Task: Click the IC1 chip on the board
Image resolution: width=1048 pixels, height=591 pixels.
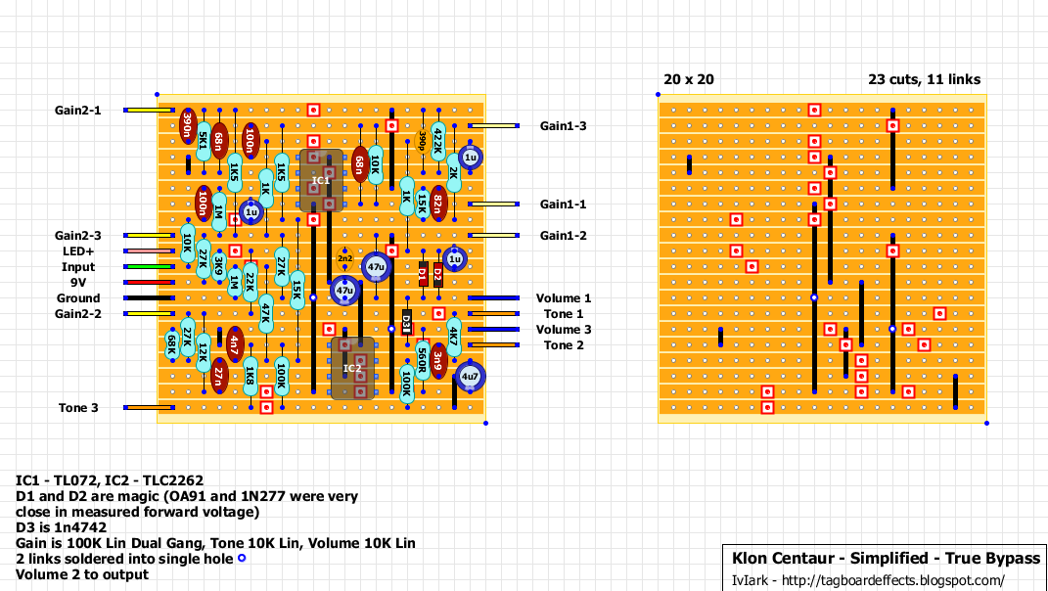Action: (x=321, y=181)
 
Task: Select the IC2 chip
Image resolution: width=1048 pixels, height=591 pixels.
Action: (x=351, y=368)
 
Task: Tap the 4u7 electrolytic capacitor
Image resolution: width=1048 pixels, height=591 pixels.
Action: (x=470, y=376)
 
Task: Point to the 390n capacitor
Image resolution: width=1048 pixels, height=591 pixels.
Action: (x=187, y=126)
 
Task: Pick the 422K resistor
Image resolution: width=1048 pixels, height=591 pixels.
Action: (x=437, y=141)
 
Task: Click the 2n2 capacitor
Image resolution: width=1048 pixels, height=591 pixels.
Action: (x=344, y=258)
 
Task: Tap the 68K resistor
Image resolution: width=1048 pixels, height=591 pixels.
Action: (x=172, y=344)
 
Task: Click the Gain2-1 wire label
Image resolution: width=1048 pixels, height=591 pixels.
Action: (x=77, y=111)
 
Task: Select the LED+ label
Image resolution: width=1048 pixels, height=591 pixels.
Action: (x=78, y=251)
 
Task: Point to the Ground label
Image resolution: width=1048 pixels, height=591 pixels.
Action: (x=77, y=298)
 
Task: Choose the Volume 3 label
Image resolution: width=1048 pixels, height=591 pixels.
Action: (x=564, y=330)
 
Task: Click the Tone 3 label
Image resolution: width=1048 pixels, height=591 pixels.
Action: (x=77, y=408)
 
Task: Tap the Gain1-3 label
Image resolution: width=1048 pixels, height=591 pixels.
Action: (x=564, y=126)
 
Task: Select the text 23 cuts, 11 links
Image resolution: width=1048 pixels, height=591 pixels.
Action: (x=924, y=79)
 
